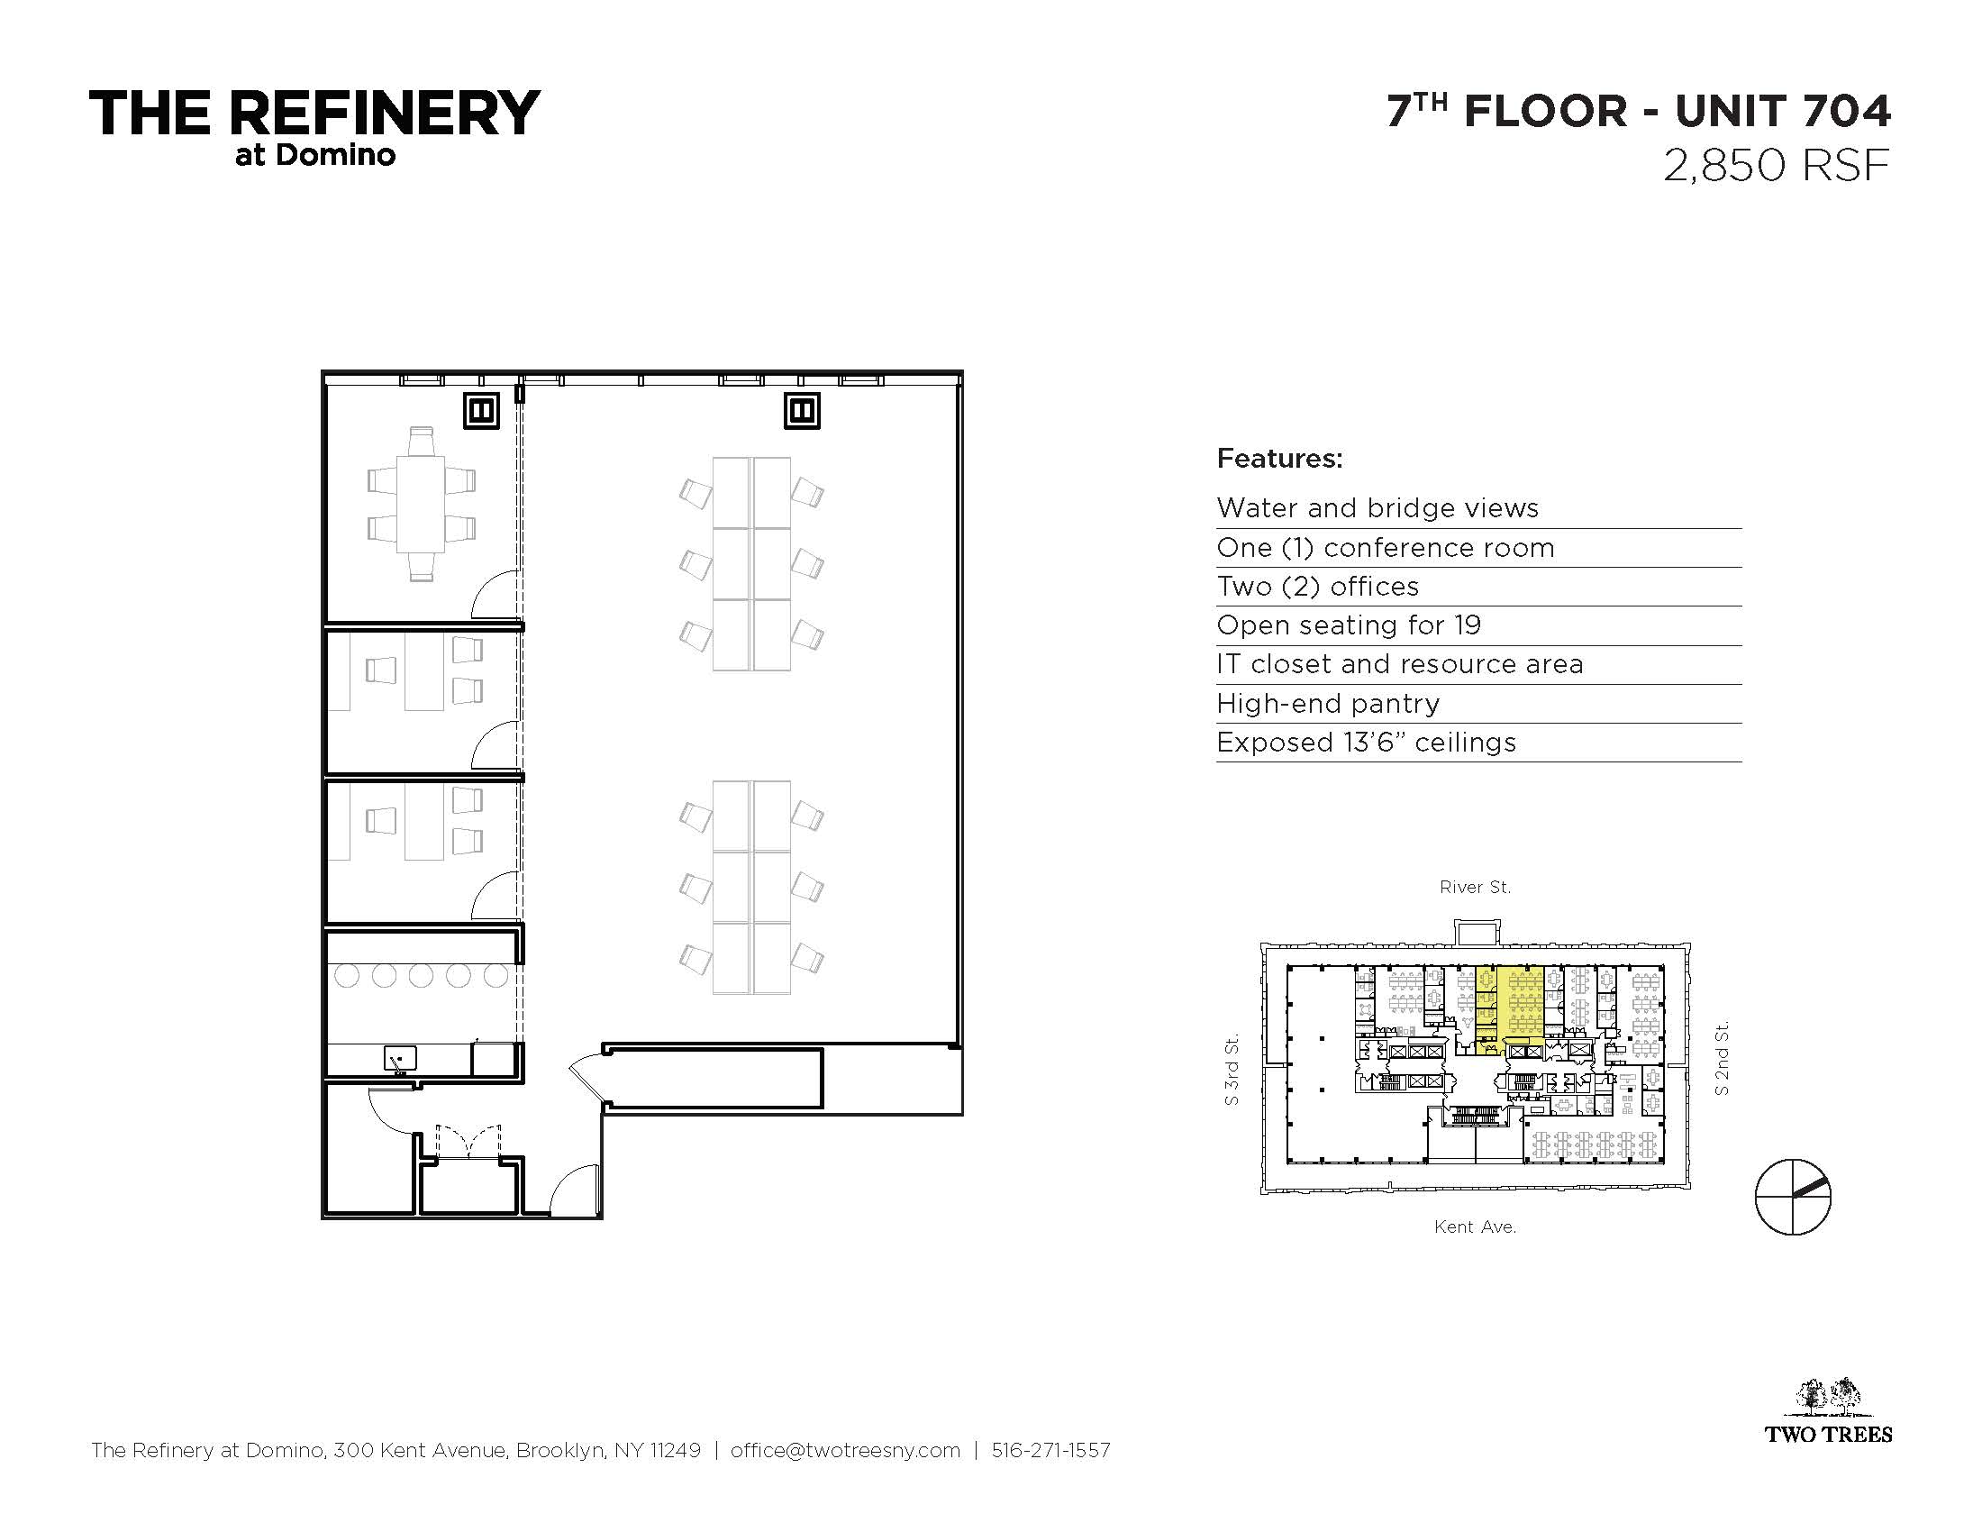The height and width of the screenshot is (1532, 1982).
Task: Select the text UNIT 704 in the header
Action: click(1783, 111)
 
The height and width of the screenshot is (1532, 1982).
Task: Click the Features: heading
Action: click(1278, 459)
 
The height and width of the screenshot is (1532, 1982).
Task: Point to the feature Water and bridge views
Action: click(1377, 507)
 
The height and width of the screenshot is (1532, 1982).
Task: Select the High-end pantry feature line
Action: click(1328, 704)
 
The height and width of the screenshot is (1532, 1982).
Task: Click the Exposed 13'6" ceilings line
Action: click(1366, 743)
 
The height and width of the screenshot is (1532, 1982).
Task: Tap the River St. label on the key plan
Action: click(1475, 887)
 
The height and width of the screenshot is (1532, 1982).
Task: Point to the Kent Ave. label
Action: click(1475, 1227)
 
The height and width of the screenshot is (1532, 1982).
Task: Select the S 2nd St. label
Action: click(1722, 1058)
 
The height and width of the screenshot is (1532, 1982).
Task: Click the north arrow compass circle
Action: click(1792, 1197)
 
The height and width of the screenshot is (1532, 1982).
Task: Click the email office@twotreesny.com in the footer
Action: click(845, 1450)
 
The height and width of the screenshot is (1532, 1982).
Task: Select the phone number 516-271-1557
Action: click(1050, 1450)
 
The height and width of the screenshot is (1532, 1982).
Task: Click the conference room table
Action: click(421, 504)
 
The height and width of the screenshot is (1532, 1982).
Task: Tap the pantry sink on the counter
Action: click(400, 1059)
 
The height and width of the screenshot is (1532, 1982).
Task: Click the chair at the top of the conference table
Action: click(421, 441)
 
